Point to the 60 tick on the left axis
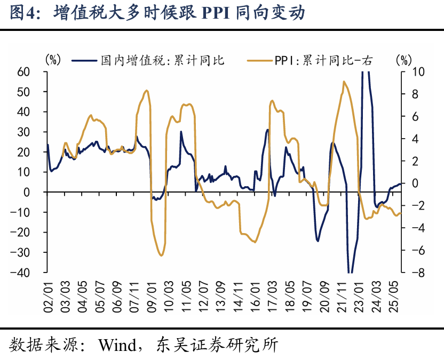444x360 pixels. [x=38, y=71]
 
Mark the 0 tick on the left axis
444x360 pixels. [x=41, y=192]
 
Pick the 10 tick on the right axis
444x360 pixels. [x=405, y=71]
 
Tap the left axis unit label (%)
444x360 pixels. [x=53, y=59]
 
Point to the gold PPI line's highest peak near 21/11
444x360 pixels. [x=344, y=82]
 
